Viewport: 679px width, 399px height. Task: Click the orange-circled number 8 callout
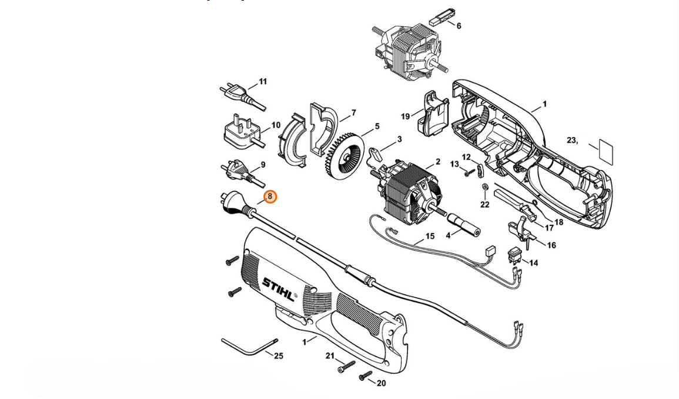270,197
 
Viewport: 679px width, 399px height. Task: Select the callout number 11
263,81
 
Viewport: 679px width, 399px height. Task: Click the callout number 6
459,26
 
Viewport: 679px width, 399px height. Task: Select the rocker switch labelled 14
516,255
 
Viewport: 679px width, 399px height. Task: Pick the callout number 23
571,140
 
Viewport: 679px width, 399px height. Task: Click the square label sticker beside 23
604,150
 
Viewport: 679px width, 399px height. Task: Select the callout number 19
405,117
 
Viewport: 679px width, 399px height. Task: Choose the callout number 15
430,236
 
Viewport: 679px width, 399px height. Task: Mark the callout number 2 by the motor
437,162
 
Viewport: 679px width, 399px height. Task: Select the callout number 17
549,228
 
